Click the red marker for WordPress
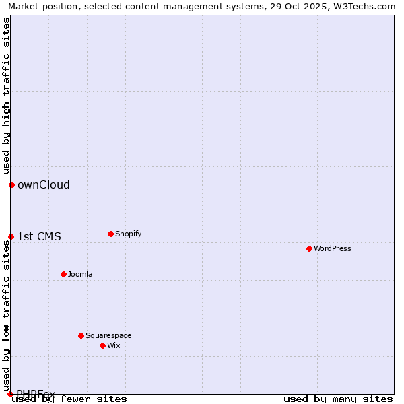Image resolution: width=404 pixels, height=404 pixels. pyautogui.click(x=309, y=248)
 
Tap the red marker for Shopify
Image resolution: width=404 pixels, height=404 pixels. pyautogui.click(x=110, y=234)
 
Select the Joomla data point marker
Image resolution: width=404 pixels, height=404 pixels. pyautogui.click(x=63, y=274)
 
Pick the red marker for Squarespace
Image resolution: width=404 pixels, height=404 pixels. pyautogui.click(x=81, y=335)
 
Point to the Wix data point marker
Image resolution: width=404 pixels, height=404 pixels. pyautogui.click(x=102, y=345)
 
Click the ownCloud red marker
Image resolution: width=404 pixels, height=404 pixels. pyautogui.click(x=11, y=184)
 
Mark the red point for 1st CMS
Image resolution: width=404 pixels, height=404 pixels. pyautogui.click(x=11, y=236)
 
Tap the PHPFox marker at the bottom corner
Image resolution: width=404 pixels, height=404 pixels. pyautogui.click(x=10, y=394)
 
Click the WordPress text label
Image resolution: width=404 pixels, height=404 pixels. pyautogui.click(x=333, y=248)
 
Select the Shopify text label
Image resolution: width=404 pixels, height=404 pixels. pyautogui.click(x=128, y=234)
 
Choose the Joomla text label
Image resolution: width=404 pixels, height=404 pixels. pyautogui.click(x=80, y=274)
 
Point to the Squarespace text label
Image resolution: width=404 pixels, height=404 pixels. pyautogui.click(x=108, y=335)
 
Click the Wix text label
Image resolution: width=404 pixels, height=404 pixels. pyautogui.click(x=113, y=345)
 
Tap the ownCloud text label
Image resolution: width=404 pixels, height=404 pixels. pyautogui.click(x=44, y=184)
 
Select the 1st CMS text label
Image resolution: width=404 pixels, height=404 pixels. pyautogui.click(x=39, y=236)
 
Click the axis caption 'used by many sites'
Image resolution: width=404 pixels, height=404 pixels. pyautogui.click(x=338, y=399)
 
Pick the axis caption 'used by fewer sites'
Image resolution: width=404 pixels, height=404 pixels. pyautogui.click(x=69, y=399)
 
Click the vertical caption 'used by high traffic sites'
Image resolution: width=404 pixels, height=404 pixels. pyautogui.click(x=6, y=96)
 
